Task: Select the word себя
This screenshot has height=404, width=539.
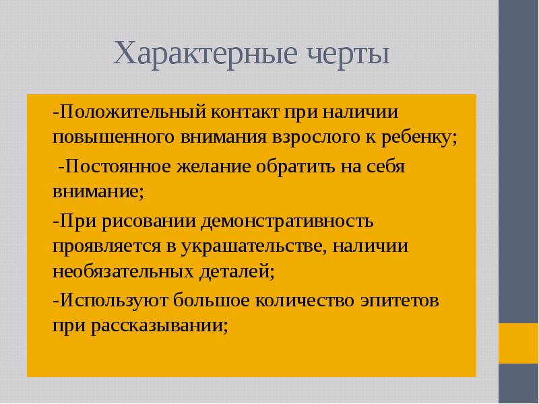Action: click(386, 167)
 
